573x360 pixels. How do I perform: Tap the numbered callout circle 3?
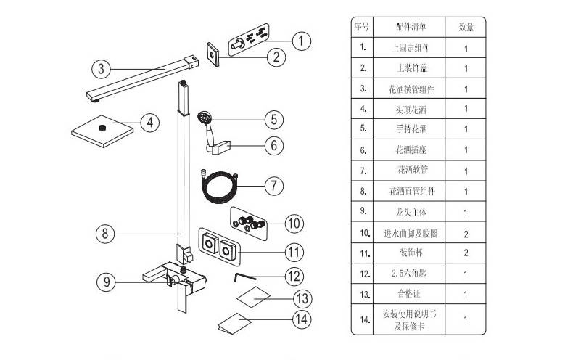tap(101, 69)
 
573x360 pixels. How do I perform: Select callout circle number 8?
tap(105, 234)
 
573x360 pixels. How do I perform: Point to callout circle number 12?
tap(293, 276)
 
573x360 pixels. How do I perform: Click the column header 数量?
tap(466, 28)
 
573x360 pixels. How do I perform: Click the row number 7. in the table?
tap(362, 171)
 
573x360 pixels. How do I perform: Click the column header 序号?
tap(362, 28)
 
